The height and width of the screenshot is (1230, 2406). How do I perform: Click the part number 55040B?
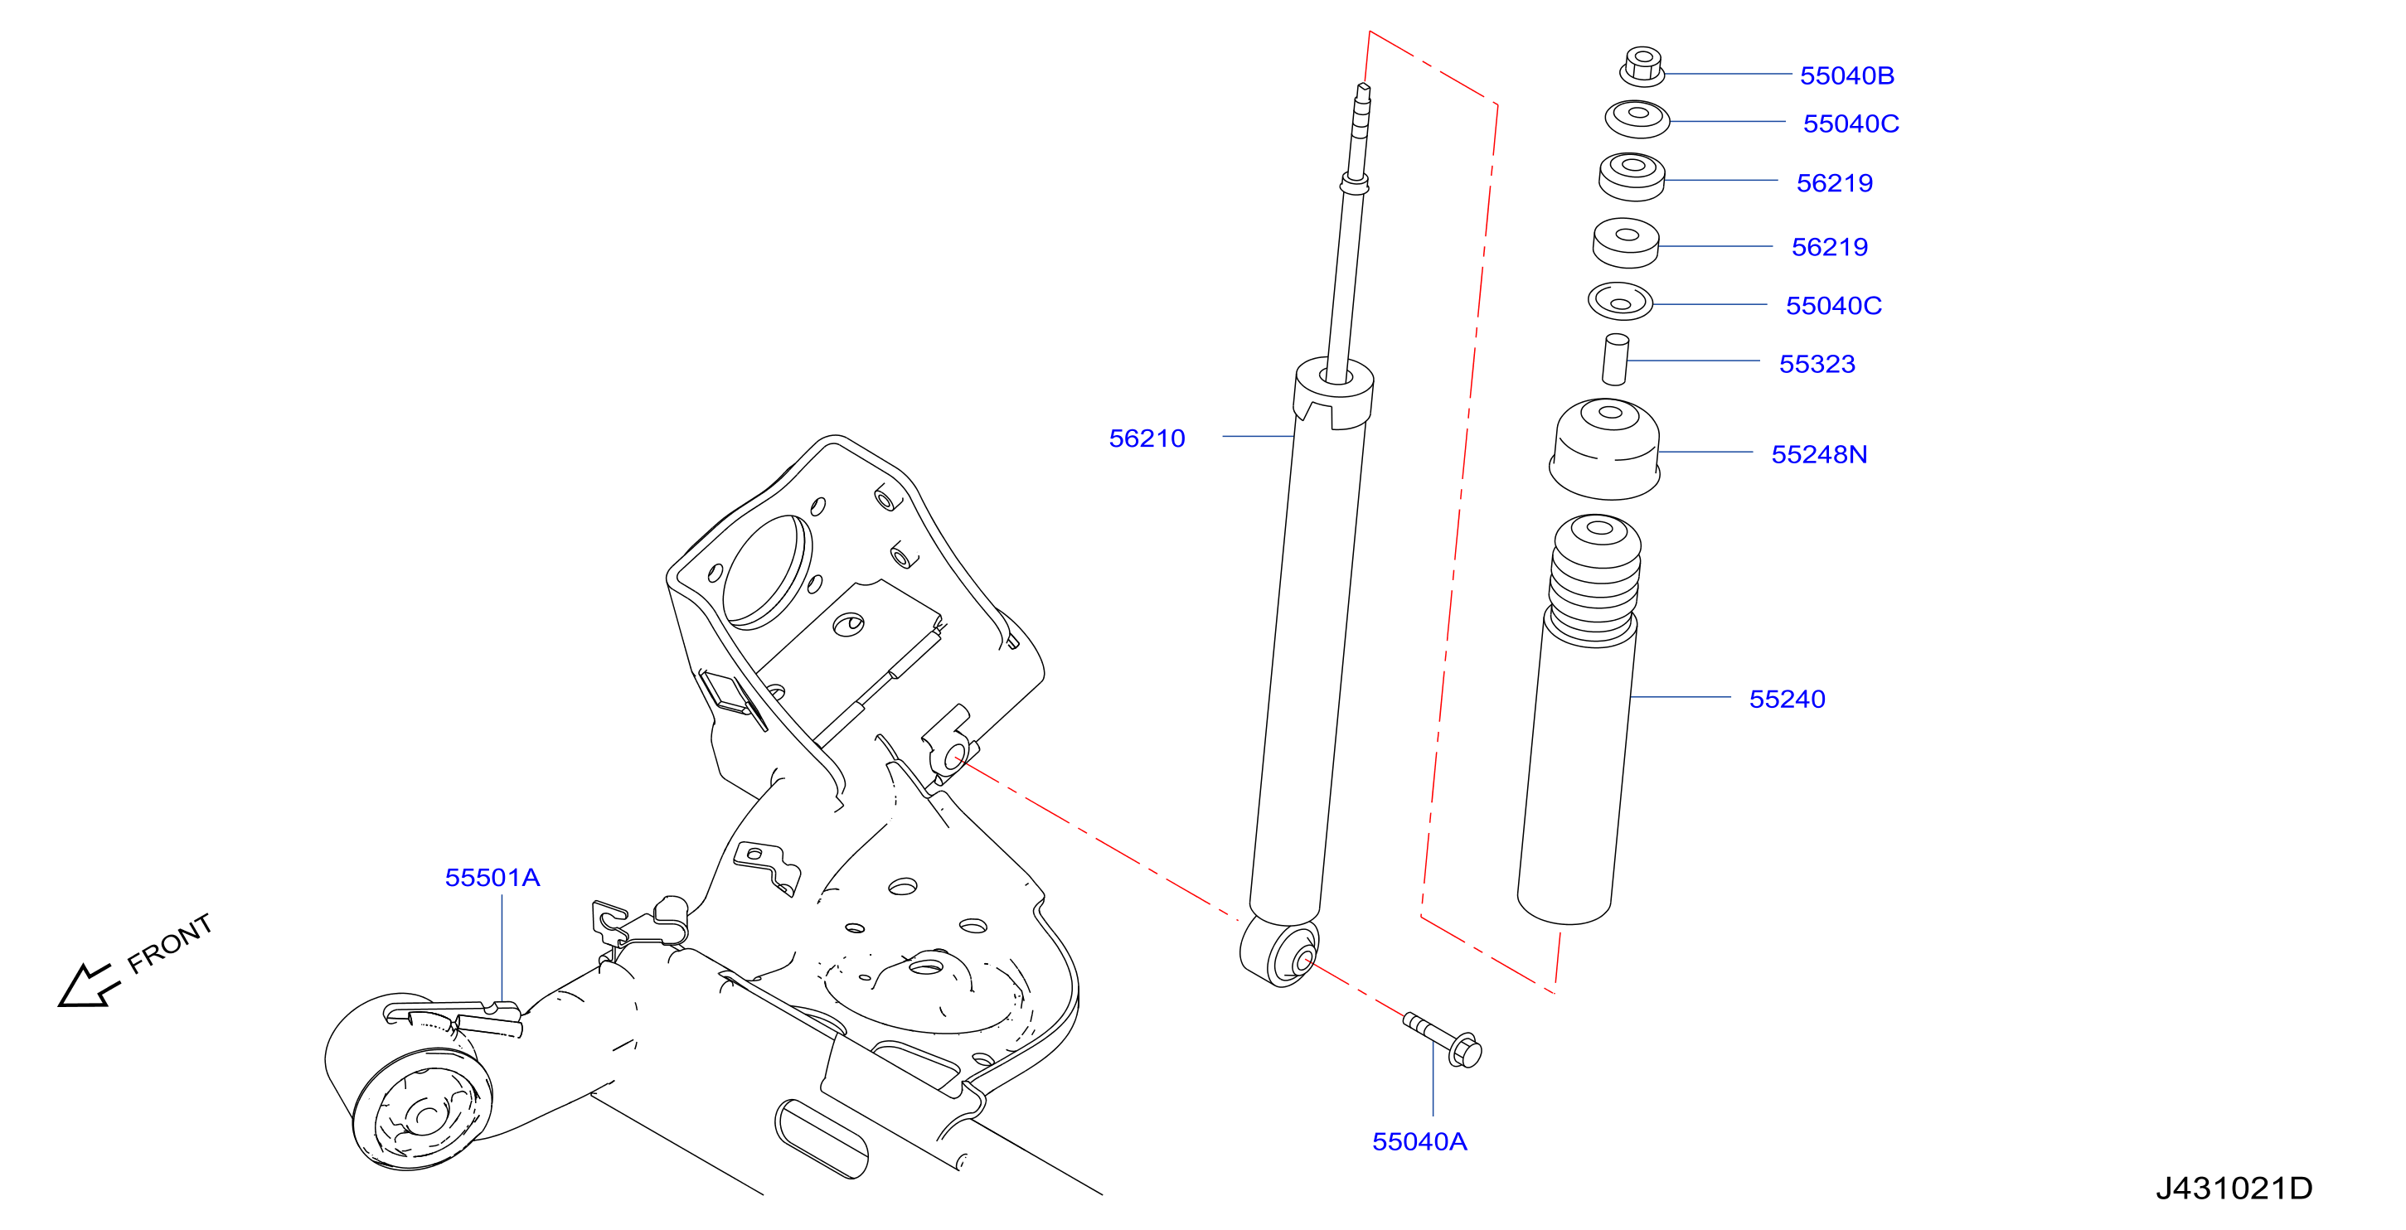[1846, 75]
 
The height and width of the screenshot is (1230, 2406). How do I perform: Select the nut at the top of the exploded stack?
[1642, 66]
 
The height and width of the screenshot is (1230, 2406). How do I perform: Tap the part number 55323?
[1817, 364]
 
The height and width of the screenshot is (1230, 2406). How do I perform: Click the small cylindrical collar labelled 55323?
[1616, 360]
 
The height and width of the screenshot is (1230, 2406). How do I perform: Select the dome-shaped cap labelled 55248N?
[1604, 449]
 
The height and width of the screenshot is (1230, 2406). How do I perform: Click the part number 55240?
[1787, 700]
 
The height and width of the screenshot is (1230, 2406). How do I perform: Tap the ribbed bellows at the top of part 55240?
[1594, 579]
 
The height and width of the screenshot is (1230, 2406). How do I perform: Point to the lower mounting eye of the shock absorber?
[1279, 953]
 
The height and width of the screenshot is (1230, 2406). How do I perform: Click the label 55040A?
[1419, 1142]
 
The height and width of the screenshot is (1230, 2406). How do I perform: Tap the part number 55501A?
[492, 878]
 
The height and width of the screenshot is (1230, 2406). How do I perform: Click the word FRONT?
[170, 943]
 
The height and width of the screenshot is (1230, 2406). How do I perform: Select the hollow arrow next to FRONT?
[88, 986]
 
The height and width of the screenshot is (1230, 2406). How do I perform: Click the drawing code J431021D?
[2234, 1189]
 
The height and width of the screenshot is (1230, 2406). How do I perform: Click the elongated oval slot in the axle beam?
[821, 1139]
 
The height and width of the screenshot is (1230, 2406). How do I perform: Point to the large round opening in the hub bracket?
[768, 573]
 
